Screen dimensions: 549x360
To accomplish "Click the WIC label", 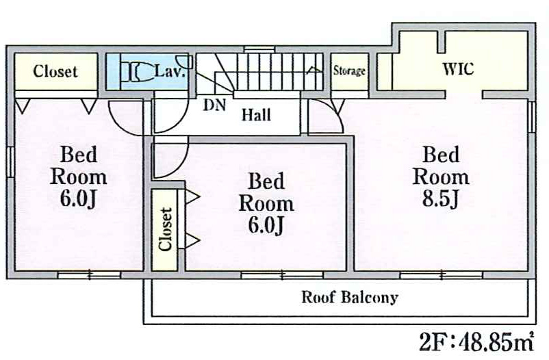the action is coord(458,69).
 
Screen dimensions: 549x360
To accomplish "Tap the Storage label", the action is coord(349,71).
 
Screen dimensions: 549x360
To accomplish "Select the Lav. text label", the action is coord(170,71).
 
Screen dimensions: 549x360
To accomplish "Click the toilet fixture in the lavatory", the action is coord(138,72).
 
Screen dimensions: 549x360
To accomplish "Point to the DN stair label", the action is coord(214,105).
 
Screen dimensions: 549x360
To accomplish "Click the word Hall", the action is coord(256,115).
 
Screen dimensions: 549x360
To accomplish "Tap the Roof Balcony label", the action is coord(350,297).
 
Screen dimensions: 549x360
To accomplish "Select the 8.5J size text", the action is coord(440,198).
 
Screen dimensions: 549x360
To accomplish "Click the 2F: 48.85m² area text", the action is coord(476,341).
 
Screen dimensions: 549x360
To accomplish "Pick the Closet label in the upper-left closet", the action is coord(55,71).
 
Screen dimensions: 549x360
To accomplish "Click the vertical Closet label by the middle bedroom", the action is coord(165,229).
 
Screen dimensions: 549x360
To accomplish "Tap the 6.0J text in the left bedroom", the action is coord(78,198).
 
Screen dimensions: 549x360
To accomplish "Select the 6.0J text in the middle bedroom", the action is coord(266,224).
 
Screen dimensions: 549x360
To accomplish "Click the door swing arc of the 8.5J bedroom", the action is coord(336,112).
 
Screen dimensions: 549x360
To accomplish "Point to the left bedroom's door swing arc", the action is coord(119,125).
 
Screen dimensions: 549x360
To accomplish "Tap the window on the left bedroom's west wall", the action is coord(10,161).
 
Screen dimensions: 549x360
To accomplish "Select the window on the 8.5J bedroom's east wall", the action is coord(531,116).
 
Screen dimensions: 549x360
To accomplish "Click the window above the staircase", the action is coord(259,49).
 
